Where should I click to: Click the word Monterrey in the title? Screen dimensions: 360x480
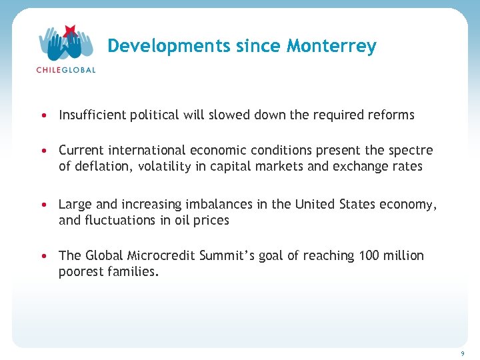tap(331, 46)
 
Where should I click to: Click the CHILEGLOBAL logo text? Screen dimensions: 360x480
tap(65, 69)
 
